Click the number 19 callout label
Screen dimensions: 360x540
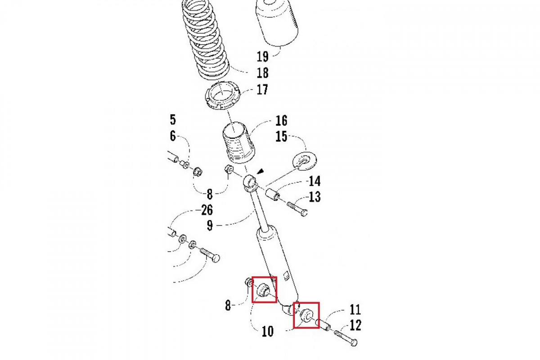click(262, 57)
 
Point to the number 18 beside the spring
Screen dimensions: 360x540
click(262, 73)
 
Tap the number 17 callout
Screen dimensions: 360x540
click(262, 90)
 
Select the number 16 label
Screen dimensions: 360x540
click(281, 121)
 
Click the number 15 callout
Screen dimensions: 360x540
click(281, 137)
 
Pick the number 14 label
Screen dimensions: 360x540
click(315, 181)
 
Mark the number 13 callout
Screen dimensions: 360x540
click(315, 197)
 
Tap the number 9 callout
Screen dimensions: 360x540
click(210, 225)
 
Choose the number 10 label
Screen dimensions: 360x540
click(268, 332)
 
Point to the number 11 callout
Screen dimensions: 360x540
click(355, 310)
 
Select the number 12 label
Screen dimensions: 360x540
click(355, 325)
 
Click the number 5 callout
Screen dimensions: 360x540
click(173, 120)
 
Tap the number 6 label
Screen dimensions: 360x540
click(173, 137)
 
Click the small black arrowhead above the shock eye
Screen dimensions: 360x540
click(260, 171)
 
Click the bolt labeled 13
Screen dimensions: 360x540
click(297, 209)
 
